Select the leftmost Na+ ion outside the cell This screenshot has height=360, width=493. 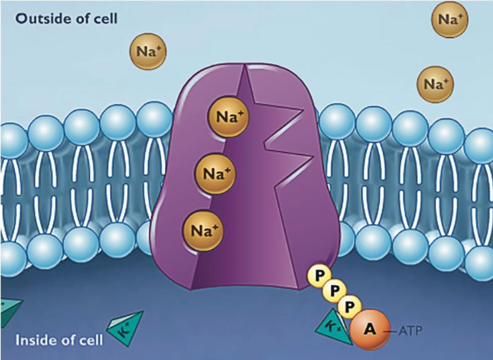coord(148,51)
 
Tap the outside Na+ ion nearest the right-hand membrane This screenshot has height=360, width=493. coord(435,84)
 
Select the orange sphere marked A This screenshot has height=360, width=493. coord(370,330)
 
